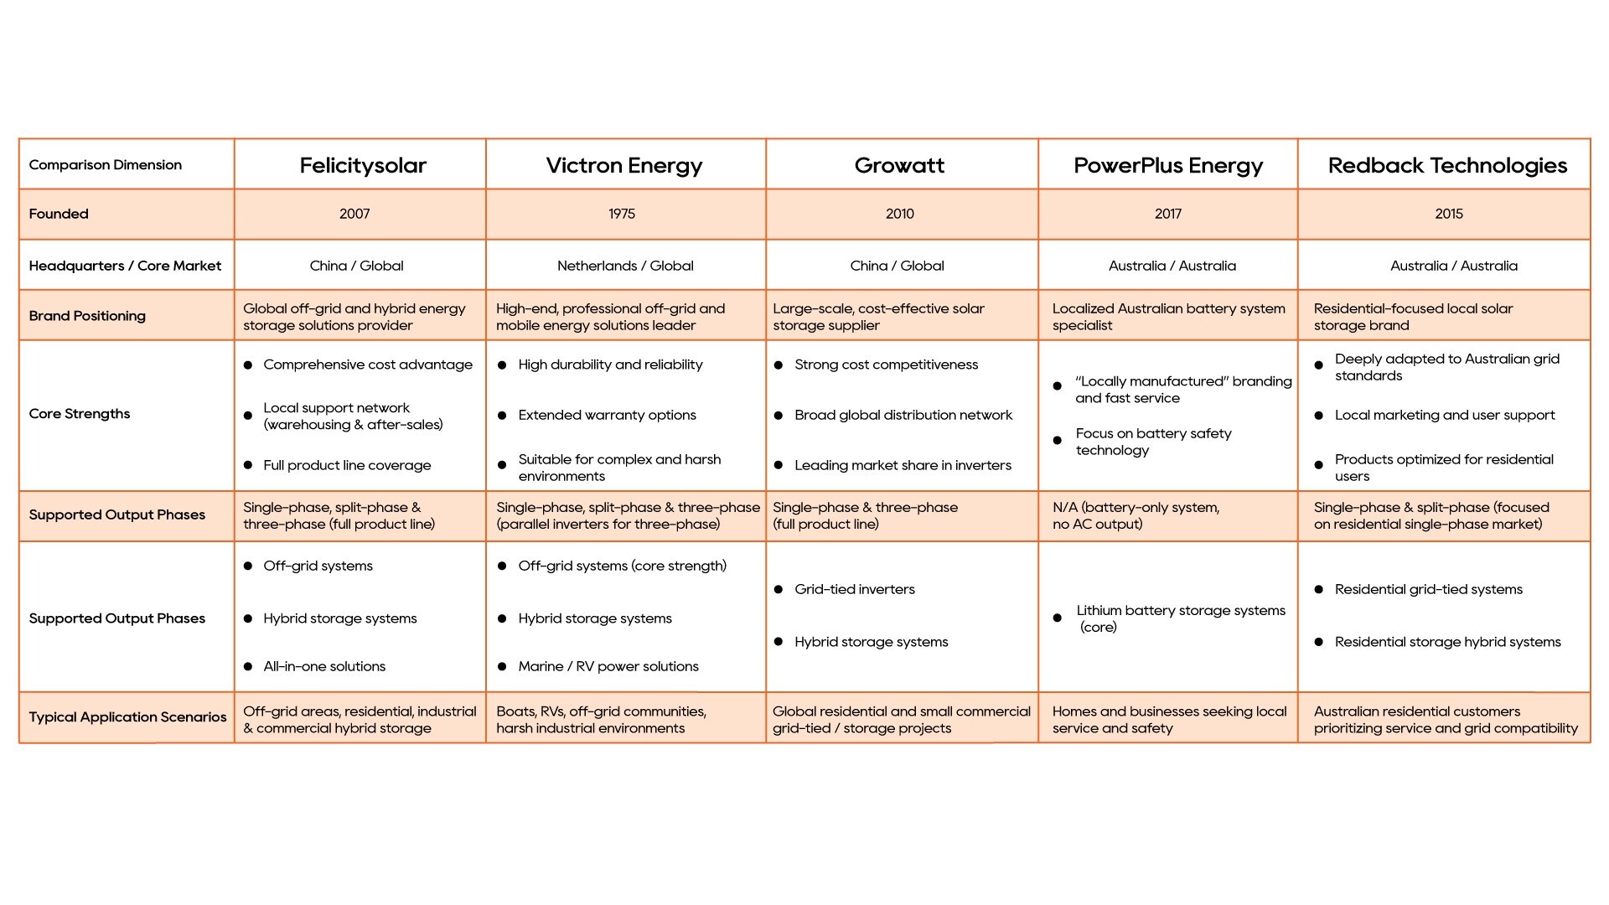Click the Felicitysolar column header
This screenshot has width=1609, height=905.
[x=363, y=166]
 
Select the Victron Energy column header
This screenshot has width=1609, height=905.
[x=624, y=166]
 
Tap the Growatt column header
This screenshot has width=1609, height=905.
[x=899, y=166]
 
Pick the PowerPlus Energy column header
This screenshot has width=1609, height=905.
[x=1168, y=166]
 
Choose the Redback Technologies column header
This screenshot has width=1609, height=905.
[x=1447, y=166]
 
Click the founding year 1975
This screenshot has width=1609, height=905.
[x=622, y=215]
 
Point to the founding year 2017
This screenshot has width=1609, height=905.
[x=1168, y=215]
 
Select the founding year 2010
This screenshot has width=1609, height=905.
[x=900, y=215]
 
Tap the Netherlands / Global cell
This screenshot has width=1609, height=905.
[x=625, y=266]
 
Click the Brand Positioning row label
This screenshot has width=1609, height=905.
[x=87, y=316]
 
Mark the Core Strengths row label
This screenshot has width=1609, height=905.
[x=80, y=414]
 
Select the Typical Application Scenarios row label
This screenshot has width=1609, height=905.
[x=127, y=717]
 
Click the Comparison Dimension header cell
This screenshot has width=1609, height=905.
[x=106, y=165]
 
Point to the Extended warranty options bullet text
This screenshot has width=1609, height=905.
[x=607, y=416]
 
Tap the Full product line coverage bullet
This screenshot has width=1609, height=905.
[x=347, y=466]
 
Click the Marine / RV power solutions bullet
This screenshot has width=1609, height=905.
[x=608, y=667]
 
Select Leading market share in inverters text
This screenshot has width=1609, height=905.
[x=903, y=466]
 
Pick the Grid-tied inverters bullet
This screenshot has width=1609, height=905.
[x=855, y=590]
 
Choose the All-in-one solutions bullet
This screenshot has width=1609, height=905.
[x=324, y=667]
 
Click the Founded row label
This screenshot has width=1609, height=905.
[x=59, y=215]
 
